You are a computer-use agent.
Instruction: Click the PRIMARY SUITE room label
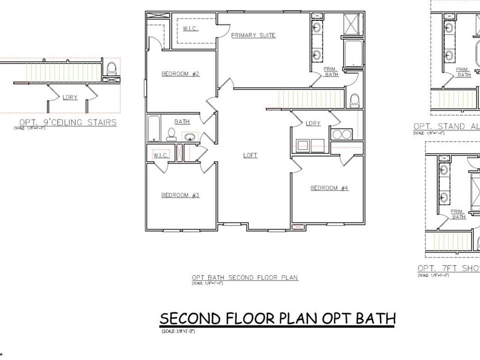pyautogui.click(x=253, y=35)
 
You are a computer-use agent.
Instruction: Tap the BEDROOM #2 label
pyautogui.click(x=180, y=74)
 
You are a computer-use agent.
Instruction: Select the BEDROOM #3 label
pyautogui.click(x=180, y=195)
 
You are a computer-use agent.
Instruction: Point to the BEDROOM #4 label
pyautogui.click(x=329, y=188)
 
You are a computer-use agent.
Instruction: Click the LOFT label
pyautogui.click(x=250, y=155)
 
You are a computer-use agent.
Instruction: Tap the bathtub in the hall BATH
pyautogui.click(x=153, y=128)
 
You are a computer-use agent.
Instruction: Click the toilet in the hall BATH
pyautogui.click(x=171, y=134)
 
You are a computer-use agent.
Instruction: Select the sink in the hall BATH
pyautogui.click(x=189, y=136)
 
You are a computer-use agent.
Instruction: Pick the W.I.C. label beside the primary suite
pyautogui.click(x=190, y=29)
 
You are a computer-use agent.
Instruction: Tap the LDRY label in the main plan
pyautogui.click(x=312, y=123)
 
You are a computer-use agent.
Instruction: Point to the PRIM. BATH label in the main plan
pyautogui.click(x=331, y=71)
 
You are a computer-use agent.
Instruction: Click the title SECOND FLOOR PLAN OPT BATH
pyautogui.click(x=277, y=318)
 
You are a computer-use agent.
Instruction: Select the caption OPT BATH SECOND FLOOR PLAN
pyautogui.click(x=245, y=277)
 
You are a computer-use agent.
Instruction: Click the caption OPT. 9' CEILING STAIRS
pyautogui.click(x=67, y=122)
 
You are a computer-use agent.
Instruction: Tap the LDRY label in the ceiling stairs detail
pyautogui.click(x=70, y=97)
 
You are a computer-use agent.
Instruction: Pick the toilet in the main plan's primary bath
pyautogui.click(x=354, y=100)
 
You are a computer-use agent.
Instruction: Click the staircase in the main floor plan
pyautogui.click(x=310, y=99)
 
